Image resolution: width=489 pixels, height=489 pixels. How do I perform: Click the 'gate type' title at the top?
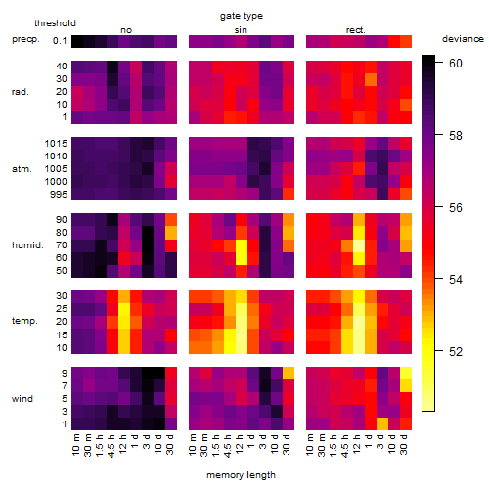coord(242,16)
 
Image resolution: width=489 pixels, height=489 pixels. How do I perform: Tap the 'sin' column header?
coord(241,30)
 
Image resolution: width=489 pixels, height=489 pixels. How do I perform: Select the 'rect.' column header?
coord(356,30)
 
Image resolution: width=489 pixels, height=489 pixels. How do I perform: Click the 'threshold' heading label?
coord(55,23)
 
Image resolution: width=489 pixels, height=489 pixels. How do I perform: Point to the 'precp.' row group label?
coord(25,39)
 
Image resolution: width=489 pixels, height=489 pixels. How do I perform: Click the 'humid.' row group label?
coord(27,245)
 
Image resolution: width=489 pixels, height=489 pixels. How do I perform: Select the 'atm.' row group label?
coord(22,169)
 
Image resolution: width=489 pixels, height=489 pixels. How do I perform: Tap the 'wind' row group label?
coord(22,399)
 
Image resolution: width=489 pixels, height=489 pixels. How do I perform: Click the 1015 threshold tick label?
coord(56,144)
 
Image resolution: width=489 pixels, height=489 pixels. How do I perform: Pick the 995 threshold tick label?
coord(59,195)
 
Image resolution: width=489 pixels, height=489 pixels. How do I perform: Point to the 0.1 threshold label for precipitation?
coord(60,41)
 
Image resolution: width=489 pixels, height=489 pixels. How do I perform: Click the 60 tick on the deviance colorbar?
coord(456,64)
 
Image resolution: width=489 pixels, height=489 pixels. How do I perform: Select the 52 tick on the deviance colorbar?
coord(456,352)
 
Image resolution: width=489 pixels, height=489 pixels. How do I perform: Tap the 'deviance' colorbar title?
coord(463,39)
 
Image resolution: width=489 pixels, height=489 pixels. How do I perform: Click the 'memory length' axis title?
coord(241,475)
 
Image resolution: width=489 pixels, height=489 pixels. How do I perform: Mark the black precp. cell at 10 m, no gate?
coord(77,41)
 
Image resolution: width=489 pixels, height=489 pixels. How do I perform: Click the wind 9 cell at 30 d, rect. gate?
coord(406,373)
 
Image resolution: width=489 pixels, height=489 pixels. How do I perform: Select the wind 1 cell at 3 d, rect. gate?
coord(382,423)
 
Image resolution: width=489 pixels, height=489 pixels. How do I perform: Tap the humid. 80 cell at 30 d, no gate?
coord(171,233)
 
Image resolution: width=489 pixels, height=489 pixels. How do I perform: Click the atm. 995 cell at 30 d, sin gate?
coord(289,195)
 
